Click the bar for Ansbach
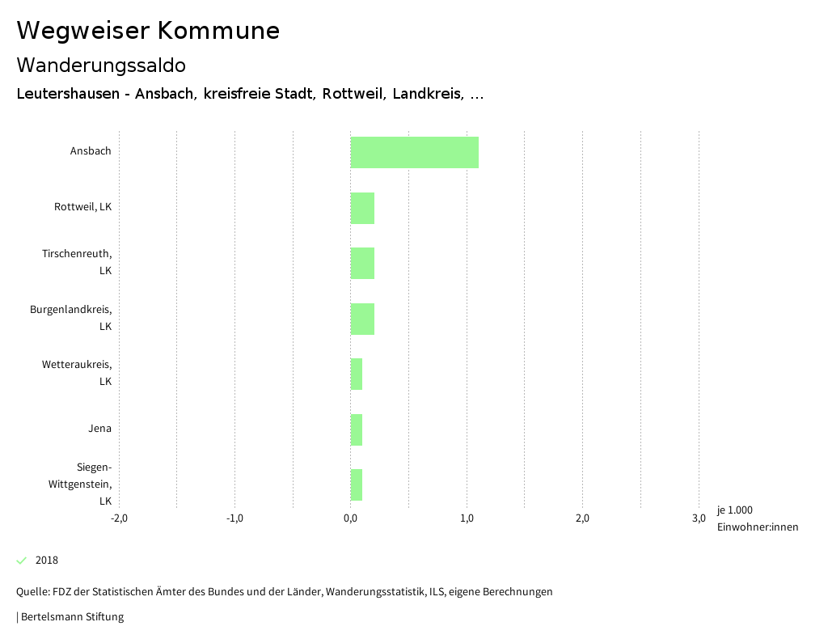(414, 152)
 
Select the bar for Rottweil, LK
(362, 208)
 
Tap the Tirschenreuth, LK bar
(362, 263)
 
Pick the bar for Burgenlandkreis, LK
(362, 319)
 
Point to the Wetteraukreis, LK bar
(357, 374)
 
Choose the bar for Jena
(357, 429)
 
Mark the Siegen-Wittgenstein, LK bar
(357, 484)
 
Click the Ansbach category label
(91, 151)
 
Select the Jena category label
(100, 429)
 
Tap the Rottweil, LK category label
(82, 207)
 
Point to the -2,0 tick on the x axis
(119, 518)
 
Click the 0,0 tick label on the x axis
(350, 518)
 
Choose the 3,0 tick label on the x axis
(699, 518)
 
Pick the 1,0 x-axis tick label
(467, 518)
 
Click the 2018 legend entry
(46, 561)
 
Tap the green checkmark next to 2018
(22, 561)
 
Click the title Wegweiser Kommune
(148, 31)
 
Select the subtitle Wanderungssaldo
(101, 65)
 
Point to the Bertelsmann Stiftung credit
(70, 617)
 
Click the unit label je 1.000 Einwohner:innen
(757, 518)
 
